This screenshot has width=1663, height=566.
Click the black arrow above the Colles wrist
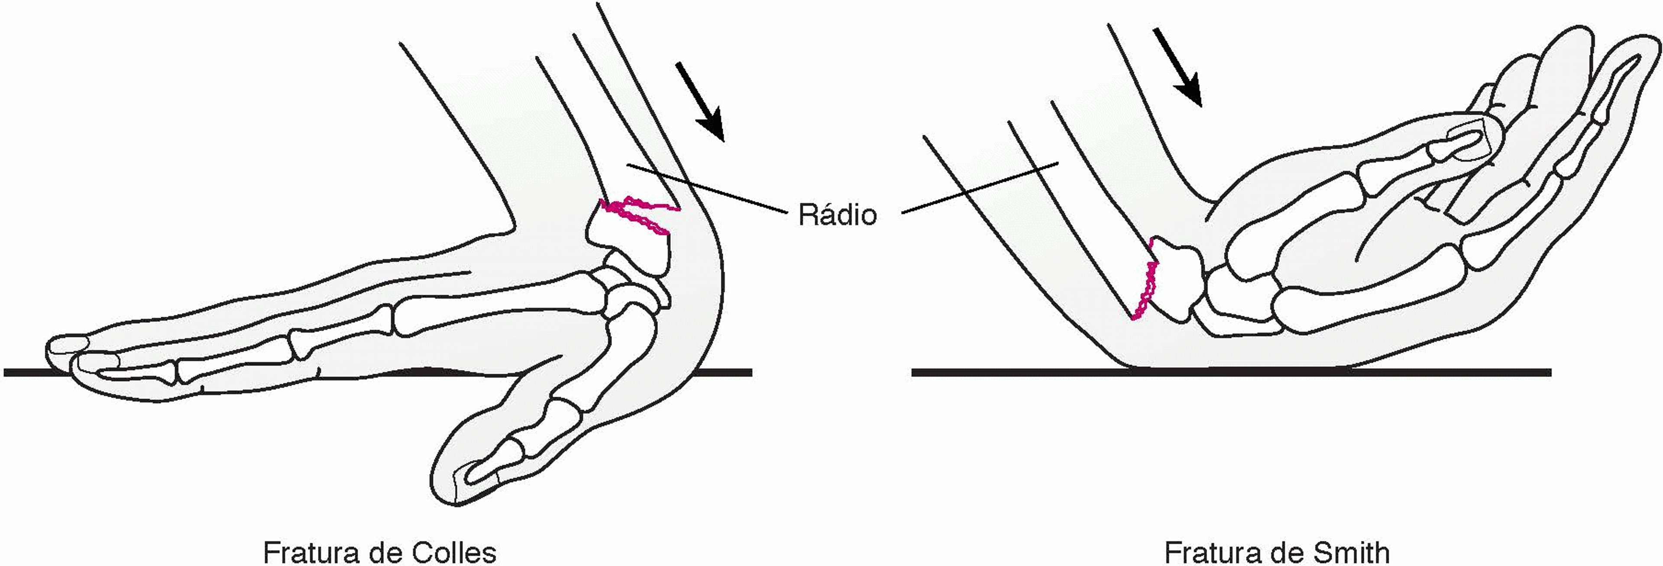pyautogui.click(x=699, y=101)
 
